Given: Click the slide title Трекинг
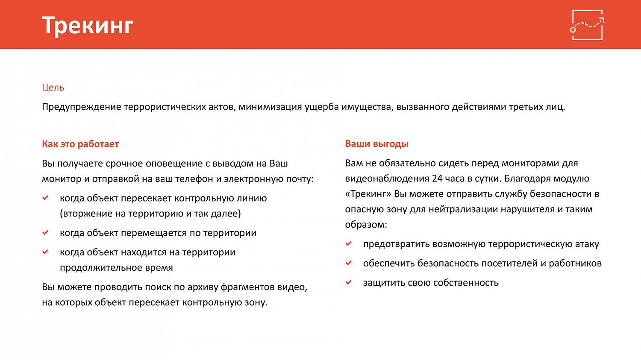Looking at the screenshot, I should pyautogui.click(x=88, y=25).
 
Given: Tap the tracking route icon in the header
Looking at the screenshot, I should pyautogui.click(x=587, y=25).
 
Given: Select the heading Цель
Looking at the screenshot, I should pyautogui.click(x=53, y=88).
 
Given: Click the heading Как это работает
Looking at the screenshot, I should pyautogui.click(x=80, y=144).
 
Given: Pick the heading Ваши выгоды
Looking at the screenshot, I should pyautogui.click(x=376, y=144).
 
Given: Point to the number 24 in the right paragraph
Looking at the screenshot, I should pyautogui.click(x=437, y=179).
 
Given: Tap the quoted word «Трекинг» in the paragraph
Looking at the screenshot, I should pyautogui.click(x=368, y=194).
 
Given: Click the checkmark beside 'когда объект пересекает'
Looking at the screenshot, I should pyautogui.click(x=45, y=198).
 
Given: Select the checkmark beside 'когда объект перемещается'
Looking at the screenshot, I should pyautogui.click(x=45, y=233).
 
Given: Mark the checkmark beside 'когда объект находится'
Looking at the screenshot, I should pyautogui.click(x=45, y=252).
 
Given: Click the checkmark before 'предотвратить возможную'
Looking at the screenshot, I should pyautogui.click(x=349, y=243).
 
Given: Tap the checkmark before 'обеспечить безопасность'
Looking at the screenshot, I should pyautogui.click(x=349, y=263).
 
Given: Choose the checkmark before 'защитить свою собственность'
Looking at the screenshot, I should pyautogui.click(x=349, y=282).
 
